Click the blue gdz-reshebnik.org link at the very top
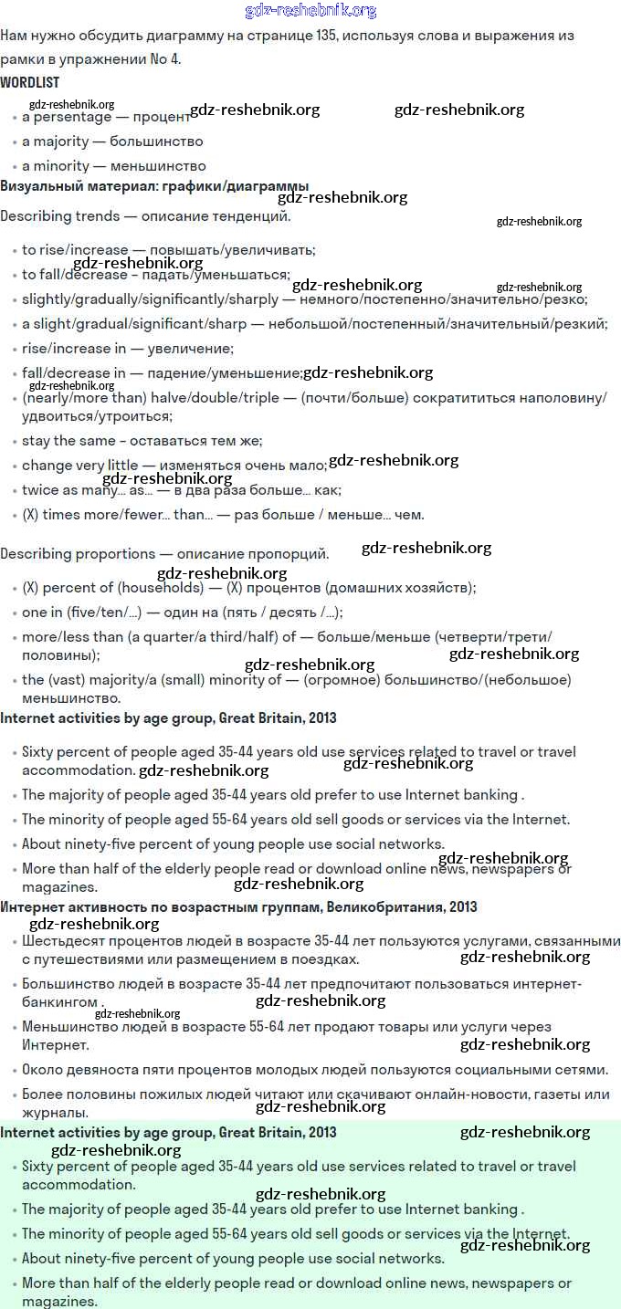(310, 11)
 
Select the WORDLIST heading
(30, 82)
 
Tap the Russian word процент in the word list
(161, 118)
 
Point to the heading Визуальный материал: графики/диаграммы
(154, 186)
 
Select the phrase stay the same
(62, 441)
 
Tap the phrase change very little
(79, 466)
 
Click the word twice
(39, 490)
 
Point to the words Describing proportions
(78, 554)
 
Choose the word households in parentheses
(164, 588)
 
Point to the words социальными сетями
(542, 1070)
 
